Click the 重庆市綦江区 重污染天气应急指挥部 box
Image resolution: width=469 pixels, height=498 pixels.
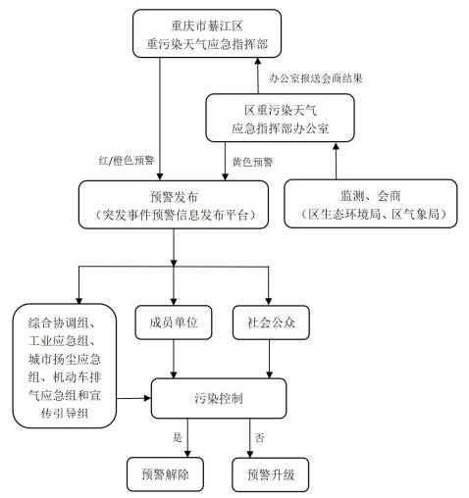207,33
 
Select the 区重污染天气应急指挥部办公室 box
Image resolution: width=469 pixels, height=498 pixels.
280,118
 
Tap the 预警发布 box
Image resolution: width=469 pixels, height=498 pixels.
174,205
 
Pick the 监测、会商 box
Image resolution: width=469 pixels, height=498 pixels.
371,204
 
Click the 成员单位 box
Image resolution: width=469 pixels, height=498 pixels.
174,323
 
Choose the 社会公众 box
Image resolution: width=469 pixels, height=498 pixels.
271,323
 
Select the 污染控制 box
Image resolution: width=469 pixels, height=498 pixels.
219,398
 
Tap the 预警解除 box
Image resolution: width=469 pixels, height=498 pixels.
165,474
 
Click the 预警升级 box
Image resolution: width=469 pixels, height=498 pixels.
271,474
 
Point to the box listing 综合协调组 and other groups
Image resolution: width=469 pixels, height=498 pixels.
65,366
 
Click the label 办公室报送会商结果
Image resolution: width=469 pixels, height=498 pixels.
316,78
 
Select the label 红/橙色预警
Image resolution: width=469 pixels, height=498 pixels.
127,161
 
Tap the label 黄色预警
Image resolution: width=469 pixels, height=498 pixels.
252,162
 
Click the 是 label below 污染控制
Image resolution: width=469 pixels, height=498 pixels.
178,437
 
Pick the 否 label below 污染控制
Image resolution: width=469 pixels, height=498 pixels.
259,437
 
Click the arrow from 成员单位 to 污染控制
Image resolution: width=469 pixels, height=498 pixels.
174,359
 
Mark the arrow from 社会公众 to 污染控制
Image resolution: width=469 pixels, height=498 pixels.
270,359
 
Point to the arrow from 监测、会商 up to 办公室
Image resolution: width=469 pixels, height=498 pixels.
336,161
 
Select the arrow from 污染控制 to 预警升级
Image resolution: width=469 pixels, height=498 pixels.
250,438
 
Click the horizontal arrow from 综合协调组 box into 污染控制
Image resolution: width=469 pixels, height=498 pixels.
133,398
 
